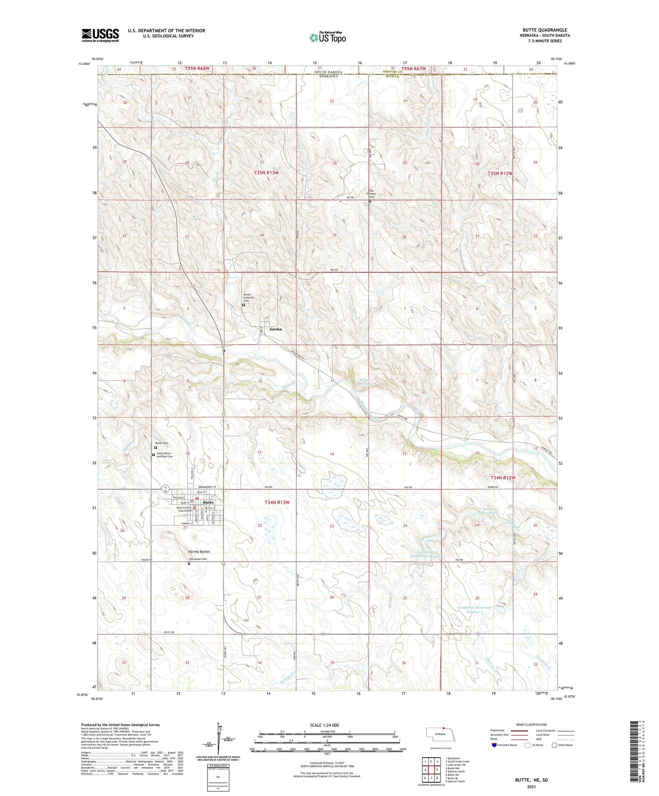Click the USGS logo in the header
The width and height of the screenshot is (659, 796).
[100, 35]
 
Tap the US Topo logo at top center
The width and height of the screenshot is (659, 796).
[327, 37]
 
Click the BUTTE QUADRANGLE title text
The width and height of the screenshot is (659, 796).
[545, 30]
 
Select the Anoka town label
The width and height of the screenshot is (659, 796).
[275, 329]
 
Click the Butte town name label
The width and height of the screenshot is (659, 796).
[208, 502]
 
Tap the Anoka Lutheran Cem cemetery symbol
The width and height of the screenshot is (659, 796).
[243, 305]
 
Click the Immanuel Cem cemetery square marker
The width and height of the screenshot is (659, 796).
[189, 563]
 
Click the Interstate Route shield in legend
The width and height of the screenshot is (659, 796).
[494, 745]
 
